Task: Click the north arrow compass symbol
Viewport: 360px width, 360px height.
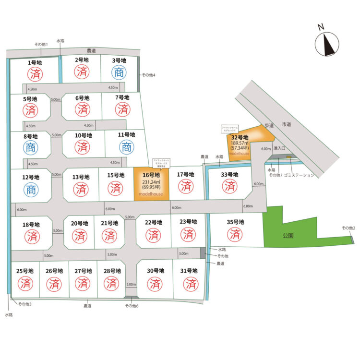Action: (327, 45)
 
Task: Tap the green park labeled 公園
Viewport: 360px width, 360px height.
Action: (288, 236)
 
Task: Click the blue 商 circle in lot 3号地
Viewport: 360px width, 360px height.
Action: (119, 73)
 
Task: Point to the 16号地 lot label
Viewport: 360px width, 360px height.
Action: (151, 175)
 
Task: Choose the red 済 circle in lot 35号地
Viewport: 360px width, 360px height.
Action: (235, 235)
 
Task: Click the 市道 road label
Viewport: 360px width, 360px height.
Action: (287, 124)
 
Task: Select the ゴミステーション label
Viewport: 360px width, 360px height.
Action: (300, 176)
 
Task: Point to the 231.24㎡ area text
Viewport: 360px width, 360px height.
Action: (151, 182)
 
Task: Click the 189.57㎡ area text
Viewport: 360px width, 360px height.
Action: (240, 143)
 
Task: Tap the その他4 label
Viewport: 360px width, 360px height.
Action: (148, 75)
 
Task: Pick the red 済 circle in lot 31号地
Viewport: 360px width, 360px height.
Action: (189, 284)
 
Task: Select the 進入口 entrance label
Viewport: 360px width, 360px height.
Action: (280, 149)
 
